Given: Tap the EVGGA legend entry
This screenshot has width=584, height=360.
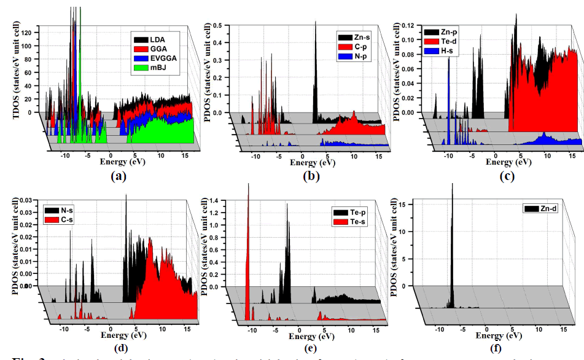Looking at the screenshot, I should point(154,60).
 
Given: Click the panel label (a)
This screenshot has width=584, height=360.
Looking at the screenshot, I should point(118,176).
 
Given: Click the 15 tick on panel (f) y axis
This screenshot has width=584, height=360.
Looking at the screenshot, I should point(403,204).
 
